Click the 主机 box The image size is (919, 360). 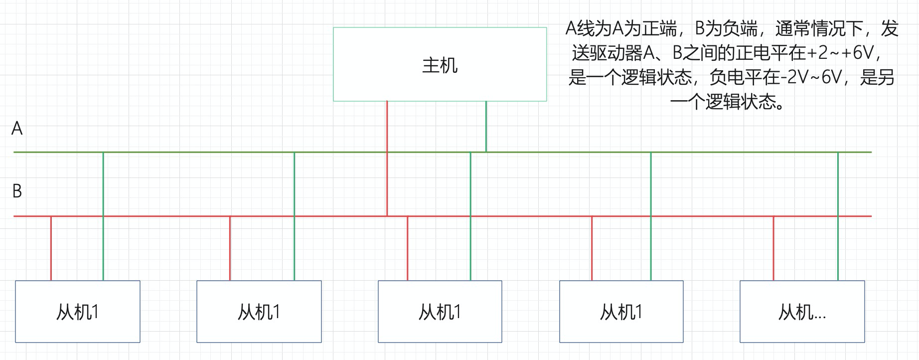[x=440, y=64]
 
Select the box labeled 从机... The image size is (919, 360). [x=802, y=312]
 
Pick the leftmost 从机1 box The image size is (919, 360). [x=77, y=312]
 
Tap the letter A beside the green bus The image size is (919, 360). [x=17, y=129]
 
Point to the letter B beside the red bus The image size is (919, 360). [x=17, y=191]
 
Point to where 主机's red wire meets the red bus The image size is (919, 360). [x=387, y=216]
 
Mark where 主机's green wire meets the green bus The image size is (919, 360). [x=486, y=152]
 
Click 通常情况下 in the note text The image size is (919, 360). [x=819, y=29]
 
